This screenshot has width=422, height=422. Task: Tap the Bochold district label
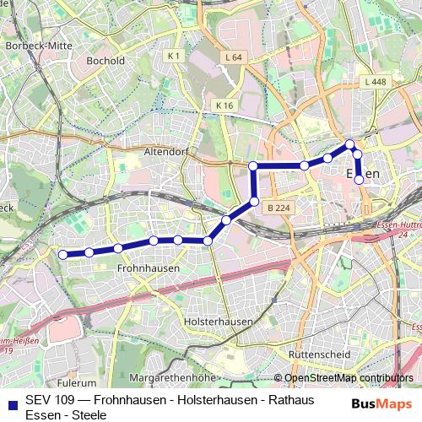click(105, 61)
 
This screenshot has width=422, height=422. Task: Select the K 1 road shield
click(175, 56)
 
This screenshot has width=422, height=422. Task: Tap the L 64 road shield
click(235, 57)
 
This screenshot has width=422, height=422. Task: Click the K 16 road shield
click(223, 105)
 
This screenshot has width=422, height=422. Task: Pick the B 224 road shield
click(277, 206)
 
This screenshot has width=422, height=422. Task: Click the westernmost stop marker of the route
click(62, 253)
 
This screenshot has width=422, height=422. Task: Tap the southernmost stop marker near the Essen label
click(359, 179)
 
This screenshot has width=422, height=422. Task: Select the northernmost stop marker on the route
click(349, 144)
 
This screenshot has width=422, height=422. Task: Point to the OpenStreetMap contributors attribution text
click(349, 378)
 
